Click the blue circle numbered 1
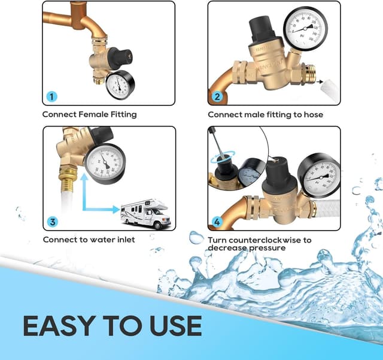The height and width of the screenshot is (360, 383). pyautogui.click(x=52, y=96)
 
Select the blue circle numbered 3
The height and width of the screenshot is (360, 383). pyautogui.click(x=52, y=222)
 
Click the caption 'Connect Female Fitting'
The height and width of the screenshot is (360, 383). pyautogui.click(x=89, y=114)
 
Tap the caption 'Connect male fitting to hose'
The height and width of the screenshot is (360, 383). pyautogui.click(x=265, y=114)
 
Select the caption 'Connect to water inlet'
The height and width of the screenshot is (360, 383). pyautogui.click(x=89, y=240)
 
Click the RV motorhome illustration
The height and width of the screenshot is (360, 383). pyautogui.click(x=145, y=213)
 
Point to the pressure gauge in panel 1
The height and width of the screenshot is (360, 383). pyautogui.click(x=121, y=86)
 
